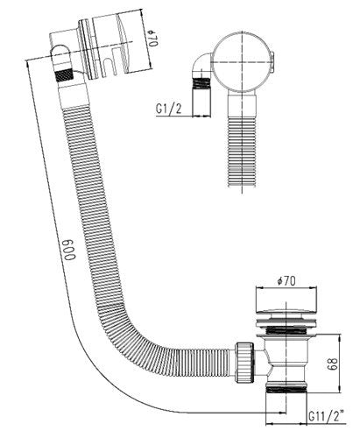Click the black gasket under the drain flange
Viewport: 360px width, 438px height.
pyautogui.click(x=279, y=331)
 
